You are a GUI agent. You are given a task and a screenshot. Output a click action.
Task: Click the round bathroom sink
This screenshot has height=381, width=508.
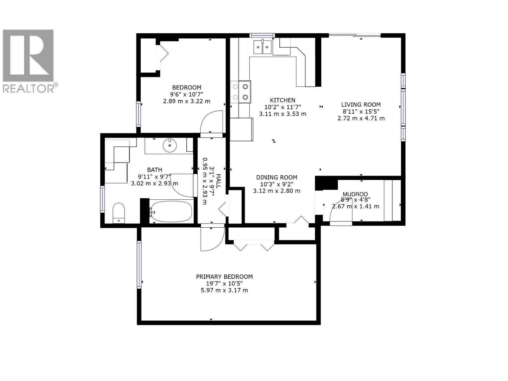coord(170,146)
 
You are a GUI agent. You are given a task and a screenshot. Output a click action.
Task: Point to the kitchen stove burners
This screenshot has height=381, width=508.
coord(240,92)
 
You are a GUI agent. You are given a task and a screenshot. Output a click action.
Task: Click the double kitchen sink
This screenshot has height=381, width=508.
coord(262,47)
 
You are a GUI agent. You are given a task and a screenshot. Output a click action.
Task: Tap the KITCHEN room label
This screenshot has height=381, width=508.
coord(283,100)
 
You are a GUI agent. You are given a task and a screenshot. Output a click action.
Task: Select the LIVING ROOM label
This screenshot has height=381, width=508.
coord(361,104)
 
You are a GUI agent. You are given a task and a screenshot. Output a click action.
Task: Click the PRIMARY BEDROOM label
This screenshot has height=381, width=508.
coord(224,277)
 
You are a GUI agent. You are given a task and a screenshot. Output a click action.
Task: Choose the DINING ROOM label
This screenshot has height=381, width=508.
coord(277,177)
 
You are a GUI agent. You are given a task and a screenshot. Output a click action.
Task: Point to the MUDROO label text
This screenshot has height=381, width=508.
coord(355,194)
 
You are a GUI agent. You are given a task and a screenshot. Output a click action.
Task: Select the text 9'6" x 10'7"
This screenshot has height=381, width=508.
coord(186,94)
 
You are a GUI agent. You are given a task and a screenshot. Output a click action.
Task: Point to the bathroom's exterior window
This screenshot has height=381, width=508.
coord(102,199)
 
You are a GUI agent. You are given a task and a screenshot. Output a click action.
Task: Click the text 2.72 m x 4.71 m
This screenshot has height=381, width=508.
coord(361,118)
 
